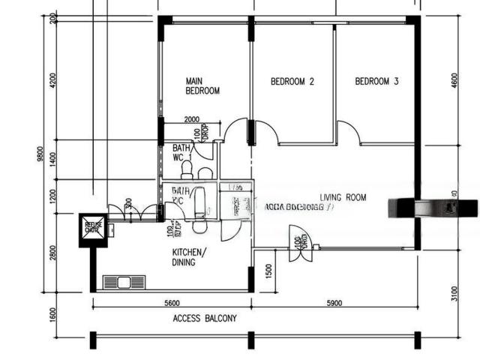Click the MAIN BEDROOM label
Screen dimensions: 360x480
pyautogui.click(x=202, y=85)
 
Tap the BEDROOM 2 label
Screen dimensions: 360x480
pyautogui.click(x=292, y=82)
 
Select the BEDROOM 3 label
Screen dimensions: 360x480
pyautogui.click(x=376, y=82)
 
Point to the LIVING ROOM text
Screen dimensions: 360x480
pyautogui.click(x=343, y=198)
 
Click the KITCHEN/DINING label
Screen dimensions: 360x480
pyautogui.click(x=189, y=257)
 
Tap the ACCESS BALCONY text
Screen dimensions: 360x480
pyautogui.click(x=205, y=318)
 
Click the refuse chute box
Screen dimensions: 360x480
pyautogui.click(x=94, y=227)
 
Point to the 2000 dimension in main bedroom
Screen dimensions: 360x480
pyautogui.click(x=191, y=119)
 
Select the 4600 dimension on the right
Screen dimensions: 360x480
pyautogui.click(x=455, y=80)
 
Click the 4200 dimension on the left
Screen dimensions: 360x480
pyautogui.click(x=52, y=80)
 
